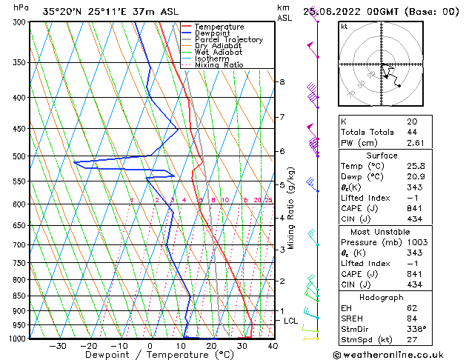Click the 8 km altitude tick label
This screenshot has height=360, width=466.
pyautogui.click(x=282, y=81)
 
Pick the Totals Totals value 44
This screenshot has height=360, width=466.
pyautogui.click(x=411, y=132)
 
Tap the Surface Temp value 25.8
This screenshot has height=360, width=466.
pyautogui.click(x=415, y=167)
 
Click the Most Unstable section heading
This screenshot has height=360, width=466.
pyautogui.click(x=382, y=232)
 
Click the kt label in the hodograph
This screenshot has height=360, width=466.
pyautogui.click(x=344, y=27)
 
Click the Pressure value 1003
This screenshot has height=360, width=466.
pyautogui.click(x=415, y=242)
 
